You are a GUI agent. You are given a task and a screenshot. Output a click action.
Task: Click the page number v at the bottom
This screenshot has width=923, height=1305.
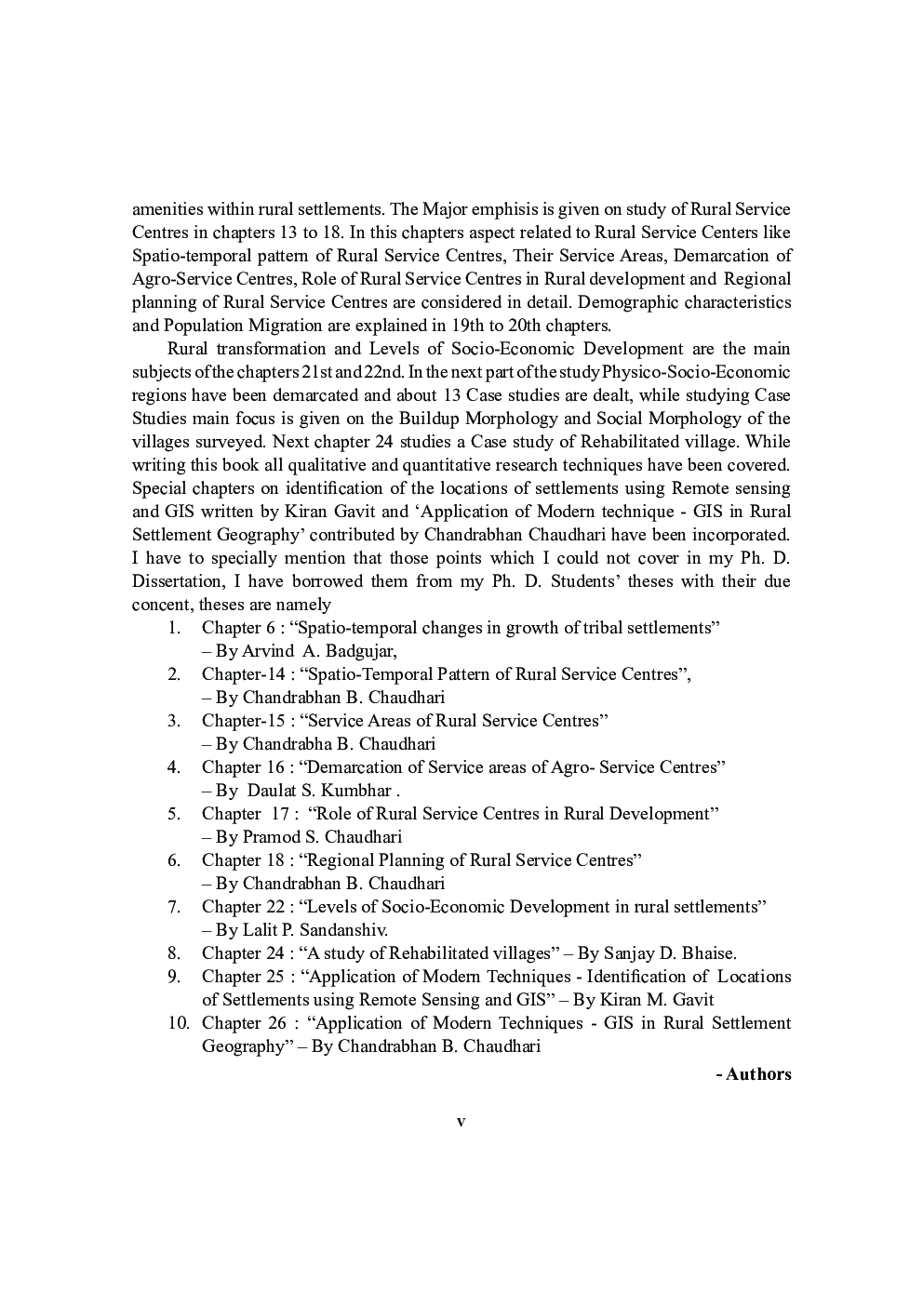click(461, 1122)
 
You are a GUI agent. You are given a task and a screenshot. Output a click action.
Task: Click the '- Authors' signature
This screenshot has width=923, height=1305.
click(754, 1074)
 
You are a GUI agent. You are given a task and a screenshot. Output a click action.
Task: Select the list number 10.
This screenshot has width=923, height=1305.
click(179, 1023)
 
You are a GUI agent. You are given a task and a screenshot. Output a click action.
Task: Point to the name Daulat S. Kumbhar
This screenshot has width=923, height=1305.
click(319, 791)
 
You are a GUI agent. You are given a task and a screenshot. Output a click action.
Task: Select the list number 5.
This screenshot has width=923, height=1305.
click(174, 814)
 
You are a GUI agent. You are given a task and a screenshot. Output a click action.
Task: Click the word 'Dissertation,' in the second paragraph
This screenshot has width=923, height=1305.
click(178, 581)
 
